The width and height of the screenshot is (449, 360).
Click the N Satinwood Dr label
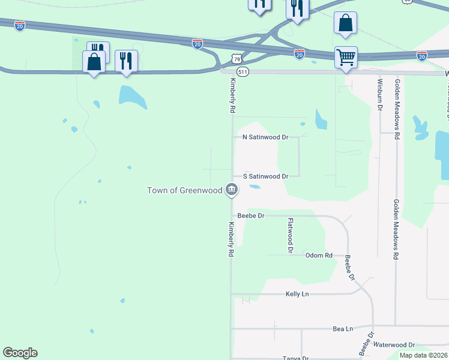pyautogui.click(x=265, y=137)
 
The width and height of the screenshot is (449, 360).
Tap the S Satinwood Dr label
pyautogui.click(x=266, y=176)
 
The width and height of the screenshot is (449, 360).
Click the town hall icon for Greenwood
pyautogui.click(x=232, y=190)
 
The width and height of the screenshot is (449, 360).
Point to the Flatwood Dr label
pyautogui.click(x=290, y=235)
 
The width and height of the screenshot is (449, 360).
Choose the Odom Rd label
pyautogui.click(x=319, y=255)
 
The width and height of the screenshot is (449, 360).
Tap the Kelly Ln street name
pyautogui.click(x=297, y=294)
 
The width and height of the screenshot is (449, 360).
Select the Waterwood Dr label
pyautogui.click(x=394, y=345)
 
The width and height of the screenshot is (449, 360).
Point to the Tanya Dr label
pyautogui.click(x=295, y=358)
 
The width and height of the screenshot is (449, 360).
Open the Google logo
pyautogui.click(x=20, y=353)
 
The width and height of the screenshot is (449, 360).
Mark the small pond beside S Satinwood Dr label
pyautogui.click(x=255, y=187)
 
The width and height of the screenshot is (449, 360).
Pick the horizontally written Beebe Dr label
pyautogui.click(x=251, y=215)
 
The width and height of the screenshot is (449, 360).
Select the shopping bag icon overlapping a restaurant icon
pyautogui.click(x=94, y=62)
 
